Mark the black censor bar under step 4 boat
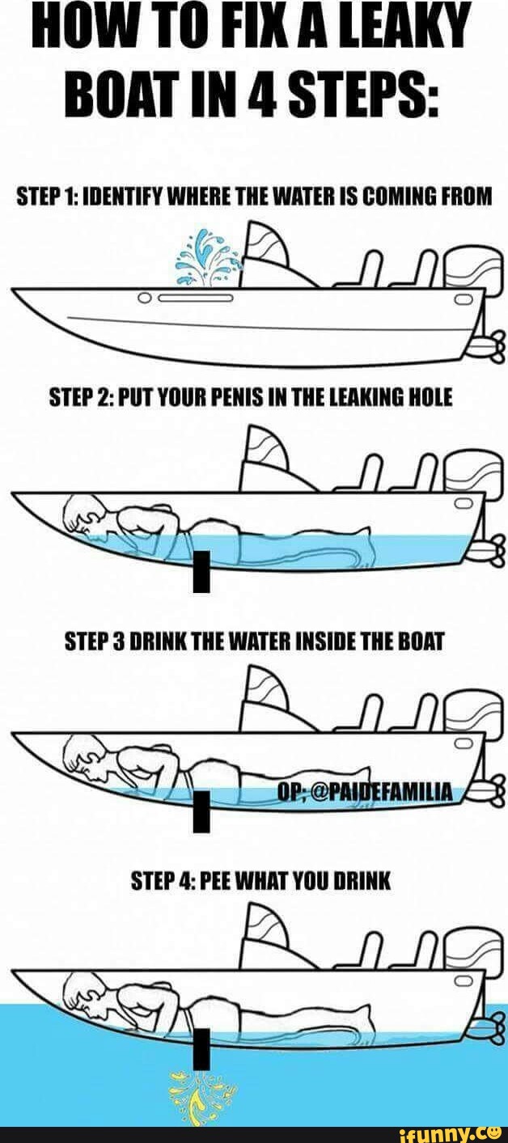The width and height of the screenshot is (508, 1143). click(x=201, y=1048)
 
